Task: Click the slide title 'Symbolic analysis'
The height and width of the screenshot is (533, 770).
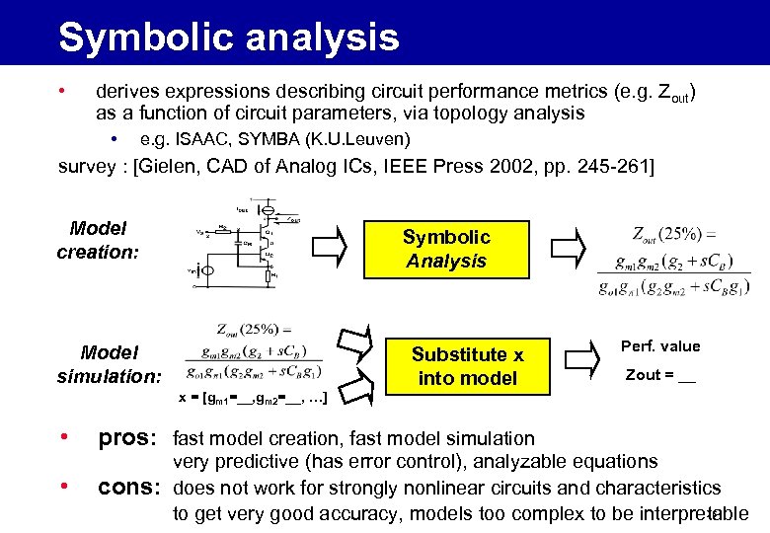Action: click(x=228, y=38)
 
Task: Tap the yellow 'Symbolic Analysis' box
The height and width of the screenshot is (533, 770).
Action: click(x=446, y=249)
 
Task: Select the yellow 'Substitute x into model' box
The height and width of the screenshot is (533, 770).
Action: click(x=467, y=366)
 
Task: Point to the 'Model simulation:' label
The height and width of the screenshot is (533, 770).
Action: click(x=109, y=364)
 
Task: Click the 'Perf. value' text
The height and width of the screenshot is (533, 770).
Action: click(x=660, y=346)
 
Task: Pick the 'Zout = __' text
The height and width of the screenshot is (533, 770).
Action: click(x=660, y=375)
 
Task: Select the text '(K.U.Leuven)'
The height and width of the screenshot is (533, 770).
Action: click(x=361, y=139)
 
